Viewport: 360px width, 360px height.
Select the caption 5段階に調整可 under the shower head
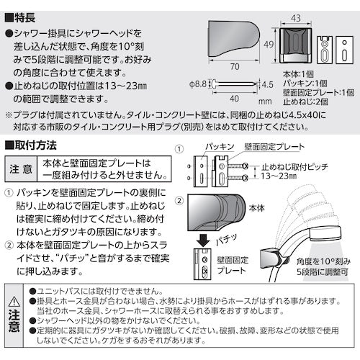click(312, 271)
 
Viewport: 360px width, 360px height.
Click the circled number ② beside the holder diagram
click(177, 199)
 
